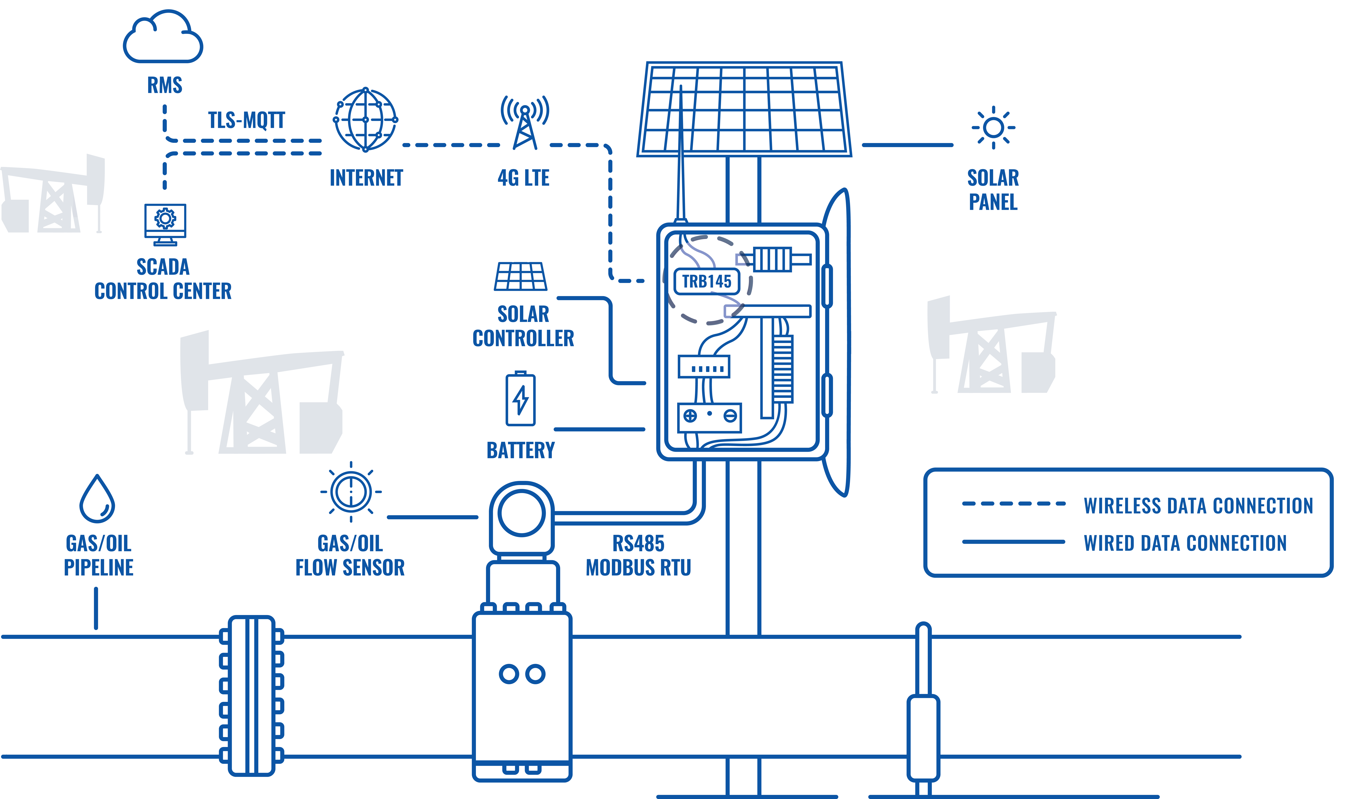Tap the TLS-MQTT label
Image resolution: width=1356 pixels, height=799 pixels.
pos(247,120)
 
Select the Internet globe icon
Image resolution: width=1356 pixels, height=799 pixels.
pos(365,120)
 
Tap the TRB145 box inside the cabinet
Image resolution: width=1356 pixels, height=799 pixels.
pos(707,281)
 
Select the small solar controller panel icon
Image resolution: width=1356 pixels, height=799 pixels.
pos(521,277)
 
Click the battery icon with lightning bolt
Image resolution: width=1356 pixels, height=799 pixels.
pos(521,398)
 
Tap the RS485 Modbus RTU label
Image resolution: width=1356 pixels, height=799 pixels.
pos(638,555)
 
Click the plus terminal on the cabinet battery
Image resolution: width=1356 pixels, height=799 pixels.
pos(690,416)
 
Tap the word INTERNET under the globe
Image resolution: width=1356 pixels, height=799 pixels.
pos(366,178)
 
